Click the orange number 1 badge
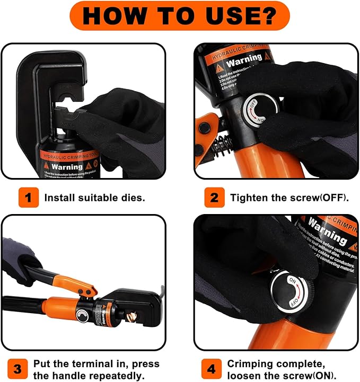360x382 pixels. coord(28,198)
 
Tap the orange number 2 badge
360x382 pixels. coord(214,198)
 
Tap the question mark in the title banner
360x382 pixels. coord(268,15)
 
